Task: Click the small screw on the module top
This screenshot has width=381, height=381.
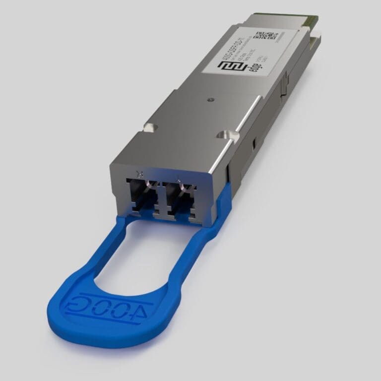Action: point(212,99)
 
